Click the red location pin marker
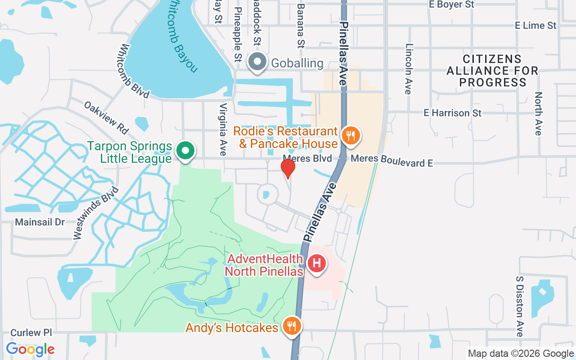pyautogui.click(x=288, y=168)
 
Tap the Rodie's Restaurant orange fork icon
pyautogui.click(x=351, y=135)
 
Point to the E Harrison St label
pyautogui.click(x=452, y=113)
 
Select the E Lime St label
pyautogui.click(x=536, y=26)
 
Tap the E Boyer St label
pyautogui.click(x=451, y=4)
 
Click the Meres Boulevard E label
pyautogui.click(x=391, y=160)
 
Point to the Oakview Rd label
pyautogui.click(x=106, y=117)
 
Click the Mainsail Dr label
pyautogui.click(x=40, y=222)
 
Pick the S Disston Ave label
pyautogui.click(x=520, y=306)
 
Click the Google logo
pyautogui.click(x=30, y=349)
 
